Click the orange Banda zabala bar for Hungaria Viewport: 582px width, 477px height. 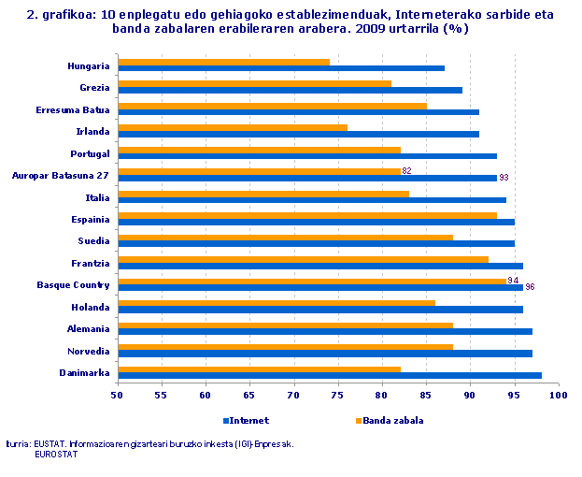[223, 63]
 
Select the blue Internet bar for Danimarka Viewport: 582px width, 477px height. [329, 376]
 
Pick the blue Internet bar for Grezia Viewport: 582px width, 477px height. [290, 91]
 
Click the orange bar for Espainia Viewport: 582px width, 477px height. [307, 216]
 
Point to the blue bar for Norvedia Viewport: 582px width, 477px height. [324, 354]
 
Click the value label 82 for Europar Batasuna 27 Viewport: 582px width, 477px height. [406, 171]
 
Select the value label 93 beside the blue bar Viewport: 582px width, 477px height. [504, 178]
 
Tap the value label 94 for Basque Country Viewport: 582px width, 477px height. [512, 281]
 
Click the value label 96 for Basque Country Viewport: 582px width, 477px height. [531, 287]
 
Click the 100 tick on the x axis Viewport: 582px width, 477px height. [559, 397]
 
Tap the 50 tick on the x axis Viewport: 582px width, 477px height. [117, 397]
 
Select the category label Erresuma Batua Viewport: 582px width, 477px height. [73, 109]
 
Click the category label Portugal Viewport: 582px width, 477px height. [90, 153]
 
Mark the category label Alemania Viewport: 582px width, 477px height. [89, 329]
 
